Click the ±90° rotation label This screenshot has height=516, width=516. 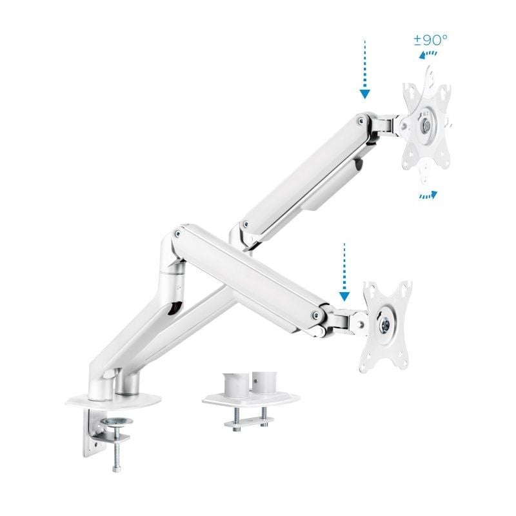tap(430, 40)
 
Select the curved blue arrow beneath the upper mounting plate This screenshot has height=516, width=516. tap(427, 195)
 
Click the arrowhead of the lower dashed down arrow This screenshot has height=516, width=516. tap(344, 296)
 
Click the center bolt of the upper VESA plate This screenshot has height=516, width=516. tap(426, 124)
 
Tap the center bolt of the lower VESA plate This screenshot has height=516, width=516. tap(386, 324)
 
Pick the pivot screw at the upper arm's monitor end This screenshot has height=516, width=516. tap(360, 121)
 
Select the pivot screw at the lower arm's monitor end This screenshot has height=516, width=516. tap(314, 315)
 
